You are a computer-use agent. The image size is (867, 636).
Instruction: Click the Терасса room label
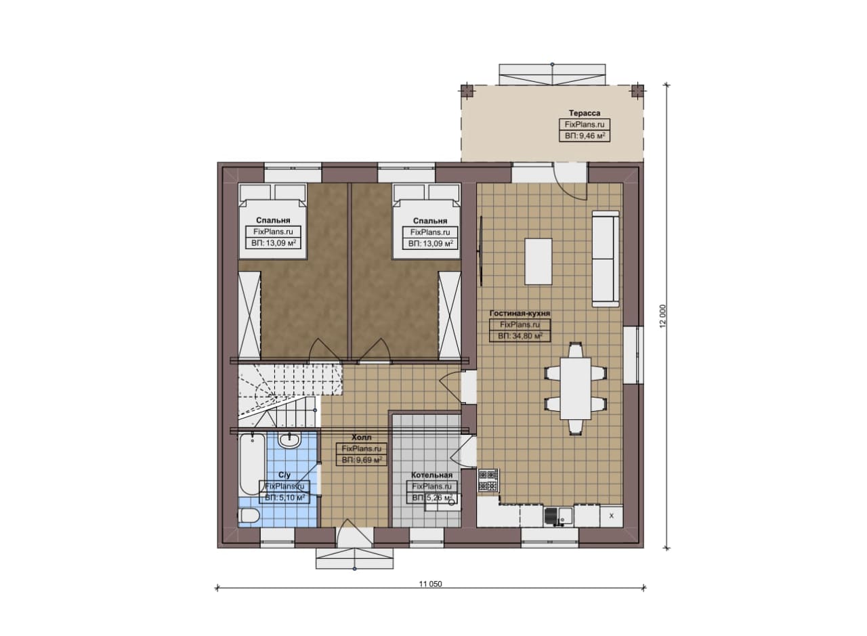click(x=585, y=113)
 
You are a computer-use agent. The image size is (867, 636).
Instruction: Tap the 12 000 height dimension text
click(x=663, y=316)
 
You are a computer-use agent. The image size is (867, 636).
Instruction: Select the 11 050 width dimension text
click(x=430, y=584)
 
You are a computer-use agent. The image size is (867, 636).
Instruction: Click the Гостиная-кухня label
click(x=520, y=314)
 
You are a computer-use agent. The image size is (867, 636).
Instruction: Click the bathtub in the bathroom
click(x=252, y=465)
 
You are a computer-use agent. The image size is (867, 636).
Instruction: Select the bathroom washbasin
click(x=289, y=440)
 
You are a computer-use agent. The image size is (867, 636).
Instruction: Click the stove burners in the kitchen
click(x=488, y=480)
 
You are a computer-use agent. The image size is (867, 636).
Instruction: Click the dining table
click(x=576, y=388)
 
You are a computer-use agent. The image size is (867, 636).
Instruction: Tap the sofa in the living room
click(x=606, y=259)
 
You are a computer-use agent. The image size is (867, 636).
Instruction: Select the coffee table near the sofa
click(x=538, y=261)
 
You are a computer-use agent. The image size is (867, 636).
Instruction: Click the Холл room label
click(x=362, y=438)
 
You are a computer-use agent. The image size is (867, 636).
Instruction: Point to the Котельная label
click(x=431, y=475)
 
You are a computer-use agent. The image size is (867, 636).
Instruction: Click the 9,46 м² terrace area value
click(x=585, y=136)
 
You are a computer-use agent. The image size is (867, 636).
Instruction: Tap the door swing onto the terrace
click(x=569, y=182)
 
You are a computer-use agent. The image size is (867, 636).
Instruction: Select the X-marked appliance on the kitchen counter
click(x=612, y=516)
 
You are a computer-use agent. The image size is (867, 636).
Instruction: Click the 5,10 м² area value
click(x=284, y=498)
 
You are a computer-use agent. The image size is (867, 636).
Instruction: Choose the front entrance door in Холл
click(x=354, y=534)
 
